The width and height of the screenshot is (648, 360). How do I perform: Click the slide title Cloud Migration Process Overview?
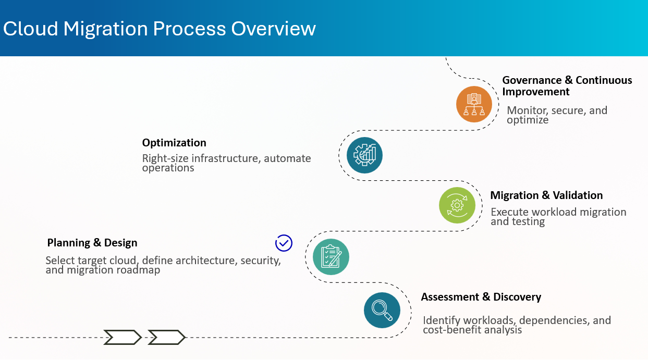click(x=160, y=28)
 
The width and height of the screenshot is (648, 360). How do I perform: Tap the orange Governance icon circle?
click(x=474, y=104)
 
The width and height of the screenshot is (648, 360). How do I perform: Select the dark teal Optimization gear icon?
click(x=364, y=155)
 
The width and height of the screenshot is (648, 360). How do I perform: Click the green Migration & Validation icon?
click(x=457, y=205)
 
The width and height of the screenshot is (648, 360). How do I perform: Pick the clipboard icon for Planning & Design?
click(x=331, y=257)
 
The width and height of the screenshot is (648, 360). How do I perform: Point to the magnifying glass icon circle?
click(x=382, y=310)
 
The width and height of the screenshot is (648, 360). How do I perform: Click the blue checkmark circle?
click(x=284, y=243)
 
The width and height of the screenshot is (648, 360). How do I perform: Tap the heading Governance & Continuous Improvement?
click(x=567, y=86)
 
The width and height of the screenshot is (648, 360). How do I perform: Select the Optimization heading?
click(x=174, y=143)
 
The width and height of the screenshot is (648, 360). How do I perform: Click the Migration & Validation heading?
click(x=546, y=195)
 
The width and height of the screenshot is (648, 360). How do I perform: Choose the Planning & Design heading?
click(x=92, y=243)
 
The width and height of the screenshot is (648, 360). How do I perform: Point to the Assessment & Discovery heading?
click(x=481, y=297)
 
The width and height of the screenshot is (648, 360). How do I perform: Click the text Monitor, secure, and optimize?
click(x=557, y=115)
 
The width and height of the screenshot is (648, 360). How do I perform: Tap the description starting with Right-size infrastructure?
click(x=226, y=163)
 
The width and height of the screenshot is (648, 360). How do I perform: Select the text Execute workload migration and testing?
click(x=558, y=217)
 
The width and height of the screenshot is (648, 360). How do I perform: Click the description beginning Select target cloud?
click(x=163, y=265)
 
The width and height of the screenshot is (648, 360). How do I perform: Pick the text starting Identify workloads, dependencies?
click(x=516, y=325)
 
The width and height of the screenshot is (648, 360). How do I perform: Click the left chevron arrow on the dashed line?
click(x=123, y=338)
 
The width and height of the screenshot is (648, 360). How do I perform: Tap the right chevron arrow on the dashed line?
click(x=166, y=338)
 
